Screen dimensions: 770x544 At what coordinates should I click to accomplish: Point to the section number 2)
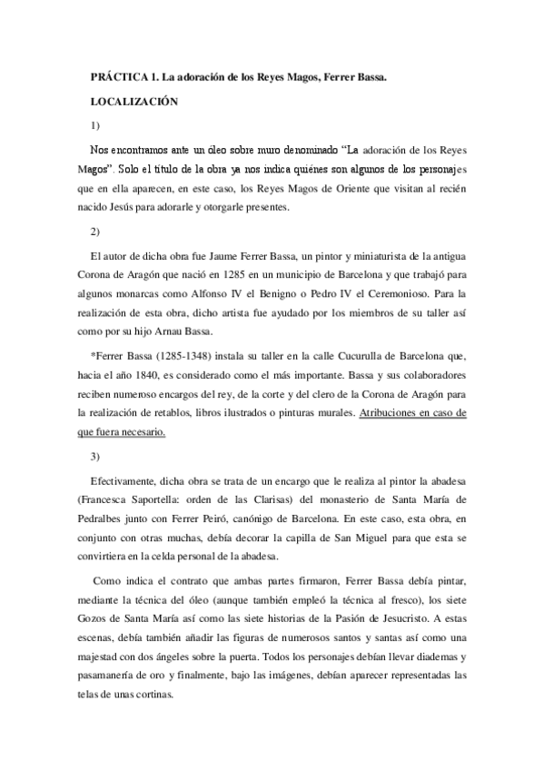95,231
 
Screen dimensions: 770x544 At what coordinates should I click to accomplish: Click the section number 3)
95,454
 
